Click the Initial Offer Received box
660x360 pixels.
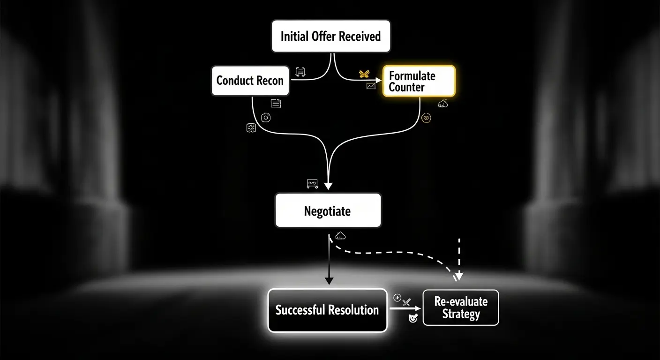pyautogui.click(x=330, y=36)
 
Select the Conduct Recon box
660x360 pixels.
pyautogui.click(x=250, y=81)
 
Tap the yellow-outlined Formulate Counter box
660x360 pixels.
pyautogui.click(x=419, y=81)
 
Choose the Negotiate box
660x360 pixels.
pyautogui.click(x=328, y=211)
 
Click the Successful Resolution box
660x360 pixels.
pyautogui.click(x=327, y=310)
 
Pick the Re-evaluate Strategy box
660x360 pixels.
pyautogui.click(x=460, y=307)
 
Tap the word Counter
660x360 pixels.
pyautogui.click(x=406, y=87)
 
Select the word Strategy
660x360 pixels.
pyautogui.click(x=461, y=314)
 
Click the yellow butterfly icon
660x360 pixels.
pyautogui.click(x=364, y=74)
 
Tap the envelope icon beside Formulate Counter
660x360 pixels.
pyautogui.click(x=371, y=86)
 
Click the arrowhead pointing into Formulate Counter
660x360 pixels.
pyautogui.click(x=379, y=80)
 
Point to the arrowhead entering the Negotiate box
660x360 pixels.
pyautogui.click(x=328, y=186)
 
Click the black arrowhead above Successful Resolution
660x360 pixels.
pyautogui.click(x=329, y=280)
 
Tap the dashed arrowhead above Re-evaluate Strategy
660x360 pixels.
pyautogui.click(x=459, y=277)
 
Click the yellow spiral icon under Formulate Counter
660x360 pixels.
pyautogui.click(x=426, y=118)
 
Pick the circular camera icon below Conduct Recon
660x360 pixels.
pyautogui.click(x=266, y=117)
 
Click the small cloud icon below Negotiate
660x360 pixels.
pyautogui.click(x=341, y=235)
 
